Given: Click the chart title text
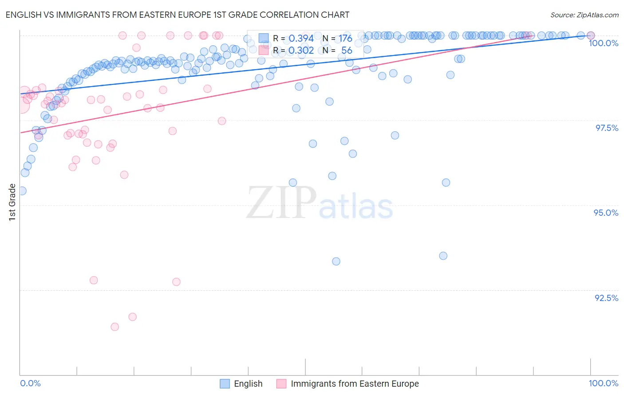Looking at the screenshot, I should (x=177, y=15).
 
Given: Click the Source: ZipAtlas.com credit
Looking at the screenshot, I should (x=584, y=15).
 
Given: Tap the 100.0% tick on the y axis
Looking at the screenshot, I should (x=603, y=43).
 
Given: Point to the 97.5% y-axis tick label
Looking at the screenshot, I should (x=606, y=128).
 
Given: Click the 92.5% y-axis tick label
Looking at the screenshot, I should (x=606, y=298).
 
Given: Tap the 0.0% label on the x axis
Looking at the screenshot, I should (x=31, y=383).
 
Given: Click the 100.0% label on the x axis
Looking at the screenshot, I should (x=603, y=383).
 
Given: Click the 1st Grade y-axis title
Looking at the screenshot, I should (x=12, y=202).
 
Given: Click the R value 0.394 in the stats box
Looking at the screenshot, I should (x=301, y=38).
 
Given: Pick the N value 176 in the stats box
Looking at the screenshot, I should (x=345, y=38).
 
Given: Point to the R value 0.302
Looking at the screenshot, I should (x=301, y=50).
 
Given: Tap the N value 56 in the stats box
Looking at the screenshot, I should (x=347, y=50).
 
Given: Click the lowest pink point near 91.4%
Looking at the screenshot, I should (x=115, y=327).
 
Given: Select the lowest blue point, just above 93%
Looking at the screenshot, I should (x=336, y=261).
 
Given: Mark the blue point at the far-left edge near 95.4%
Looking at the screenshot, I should (x=22, y=191).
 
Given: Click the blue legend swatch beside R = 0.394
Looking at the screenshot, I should (x=264, y=38).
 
